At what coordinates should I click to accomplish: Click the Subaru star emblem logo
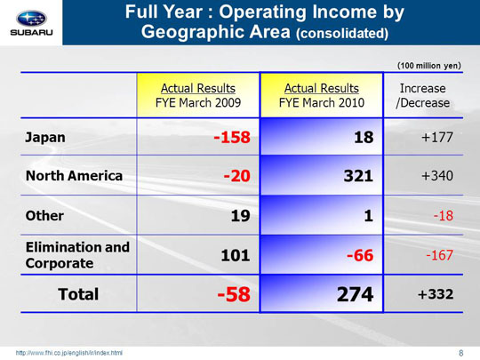pyautogui.click(x=31, y=19)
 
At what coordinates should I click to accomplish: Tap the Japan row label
pyautogui.click(x=45, y=138)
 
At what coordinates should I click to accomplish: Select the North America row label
pyautogui.click(x=74, y=176)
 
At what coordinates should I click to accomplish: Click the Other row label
pyautogui.click(x=44, y=216)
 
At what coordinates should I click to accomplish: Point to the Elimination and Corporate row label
pyautogui.click(x=77, y=255)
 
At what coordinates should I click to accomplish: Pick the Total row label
pyautogui.click(x=78, y=294)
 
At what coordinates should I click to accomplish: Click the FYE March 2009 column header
pyautogui.click(x=198, y=95)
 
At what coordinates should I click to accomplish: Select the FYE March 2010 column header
pyautogui.click(x=322, y=95)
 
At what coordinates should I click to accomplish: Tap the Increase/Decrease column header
pyautogui.click(x=423, y=95)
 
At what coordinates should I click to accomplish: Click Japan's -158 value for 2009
pyautogui.click(x=232, y=137)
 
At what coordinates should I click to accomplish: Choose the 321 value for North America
pyautogui.click(x=358, y=176)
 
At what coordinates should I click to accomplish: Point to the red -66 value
pyautogui.click(x=360, y=255)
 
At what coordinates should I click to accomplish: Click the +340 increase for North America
pyautogui.click(x=437, y=176)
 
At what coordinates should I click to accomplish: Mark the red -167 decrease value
pyautogui.click(x=440, y=255)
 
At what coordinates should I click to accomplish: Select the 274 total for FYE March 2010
pyautogui.click(x=355, y=294)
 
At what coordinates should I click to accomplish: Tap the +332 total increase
pyautogui.click(x=436, y=294)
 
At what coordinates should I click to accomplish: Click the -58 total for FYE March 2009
pyautogui.click(x=234, y=294)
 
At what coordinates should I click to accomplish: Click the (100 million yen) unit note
pyautogui.click(x=428, y=66)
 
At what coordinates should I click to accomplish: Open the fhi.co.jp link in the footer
pyautogui.click(x=69, y=353)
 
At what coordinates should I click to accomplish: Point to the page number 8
pyautogui.click(x=461, y=353)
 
